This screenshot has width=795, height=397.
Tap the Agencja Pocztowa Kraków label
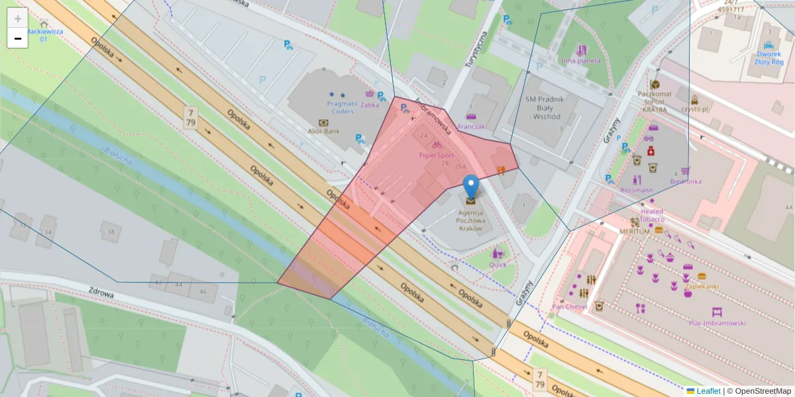(x=470, y=220)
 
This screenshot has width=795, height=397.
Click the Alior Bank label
(x=323, y=131)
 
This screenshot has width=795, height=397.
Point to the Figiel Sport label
(x=436, y=154)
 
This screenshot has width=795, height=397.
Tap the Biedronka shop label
(x=685, y=181)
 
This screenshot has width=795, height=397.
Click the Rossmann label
(x=636, y=190)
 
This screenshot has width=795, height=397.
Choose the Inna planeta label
(x=581, y=60)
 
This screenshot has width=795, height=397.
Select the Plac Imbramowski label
(x=717, y=323)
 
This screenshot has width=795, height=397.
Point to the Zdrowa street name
(x=101, y=294)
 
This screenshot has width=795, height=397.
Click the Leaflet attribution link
(x=708, y=391)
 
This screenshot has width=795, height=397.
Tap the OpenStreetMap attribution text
(x=759, y=391)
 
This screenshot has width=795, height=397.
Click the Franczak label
(x=472, y=126)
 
